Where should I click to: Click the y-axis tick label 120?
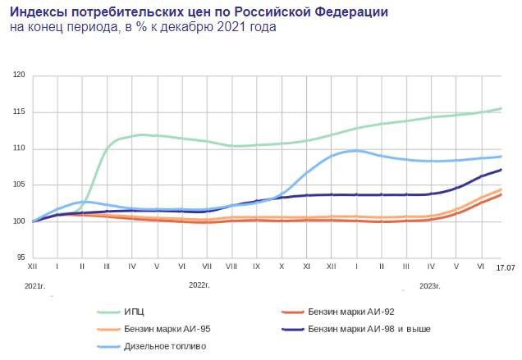click(20, 75)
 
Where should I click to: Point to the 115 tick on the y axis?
click(20, 112)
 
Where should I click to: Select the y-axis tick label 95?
click(21, 257)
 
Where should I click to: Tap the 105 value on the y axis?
click(20, 185)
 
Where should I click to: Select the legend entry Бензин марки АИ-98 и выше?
click(369, 329)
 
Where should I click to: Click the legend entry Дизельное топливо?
click(165, 346)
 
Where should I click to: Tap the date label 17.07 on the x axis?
click(504, 267)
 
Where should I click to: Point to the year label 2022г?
click(200, 286)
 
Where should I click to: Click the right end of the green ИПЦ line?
click(501, 108)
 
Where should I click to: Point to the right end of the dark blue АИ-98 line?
click(501, 170)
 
